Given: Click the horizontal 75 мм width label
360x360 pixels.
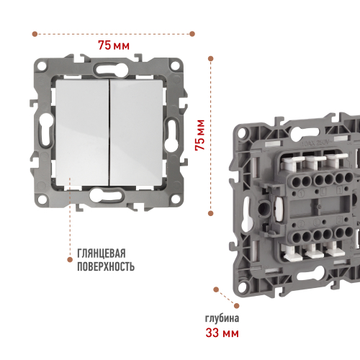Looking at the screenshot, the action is click(114, 45).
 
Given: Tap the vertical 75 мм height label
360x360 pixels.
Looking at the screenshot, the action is click(199, 135).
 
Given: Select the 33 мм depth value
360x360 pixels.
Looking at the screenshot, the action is click(222, 333).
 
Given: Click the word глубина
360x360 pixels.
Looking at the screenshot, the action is click(222, 318).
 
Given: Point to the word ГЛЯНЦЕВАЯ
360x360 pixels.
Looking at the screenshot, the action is click(102, 253).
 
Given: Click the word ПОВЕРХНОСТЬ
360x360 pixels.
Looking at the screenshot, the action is click(106, 266).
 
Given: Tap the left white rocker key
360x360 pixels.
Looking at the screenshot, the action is click(82, 132).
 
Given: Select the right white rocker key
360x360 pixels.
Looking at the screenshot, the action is click(136, 132).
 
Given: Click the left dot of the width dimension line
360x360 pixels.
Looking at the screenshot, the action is click(35, 34).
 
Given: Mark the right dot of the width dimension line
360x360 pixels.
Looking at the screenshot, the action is click(192, 34).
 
